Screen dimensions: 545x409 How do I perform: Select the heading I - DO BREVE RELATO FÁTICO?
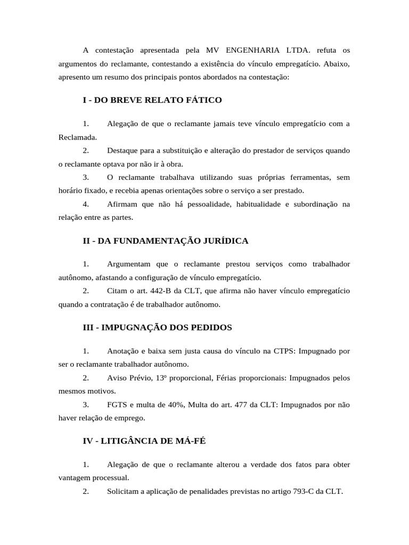click(152, 100)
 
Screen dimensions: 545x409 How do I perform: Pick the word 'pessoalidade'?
click(209, 204)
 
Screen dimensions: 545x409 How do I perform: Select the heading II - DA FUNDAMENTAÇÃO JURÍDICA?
click(166, 241)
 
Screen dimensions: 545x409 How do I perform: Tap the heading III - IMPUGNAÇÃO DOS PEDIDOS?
click(158, 327)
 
